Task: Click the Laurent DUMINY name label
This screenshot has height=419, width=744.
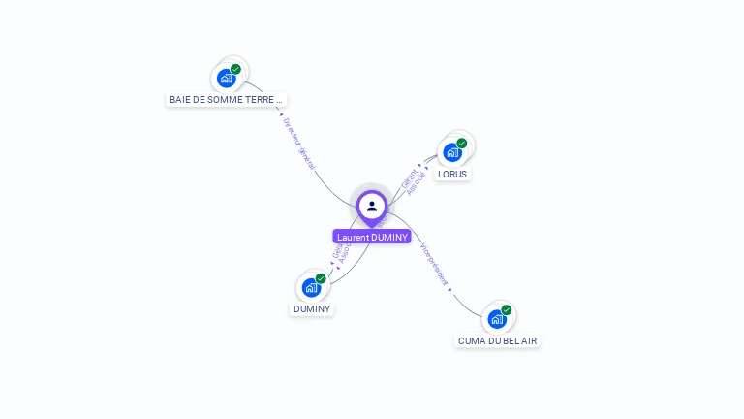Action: pyautogui.click(x=372, y=237)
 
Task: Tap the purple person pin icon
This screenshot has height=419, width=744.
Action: pyautogui.click(x=372, y=206)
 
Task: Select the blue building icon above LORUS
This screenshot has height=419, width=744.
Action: pyautogui.click(x=452, y=152)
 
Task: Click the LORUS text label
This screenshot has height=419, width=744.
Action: pyautogui.click(x=452, y=175)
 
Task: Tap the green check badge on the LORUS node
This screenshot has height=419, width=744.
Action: pyautogui.click(x=462, y=144)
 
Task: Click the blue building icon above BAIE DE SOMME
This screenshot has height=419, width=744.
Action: pyautogui.click(x=227, y=78)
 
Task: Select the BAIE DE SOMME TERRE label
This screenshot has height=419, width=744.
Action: pyautogui.click(x=227, y=99)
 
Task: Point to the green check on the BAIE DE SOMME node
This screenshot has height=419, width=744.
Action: pyautogui.click(x=235, y=69)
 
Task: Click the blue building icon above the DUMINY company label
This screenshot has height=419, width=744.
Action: pyautogui.click(x=311, y=287)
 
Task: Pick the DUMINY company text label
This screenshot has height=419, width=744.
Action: pyautogui.click(x=312, y=309)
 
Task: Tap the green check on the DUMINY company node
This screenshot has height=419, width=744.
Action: pyautogui.click(x=321, y=278)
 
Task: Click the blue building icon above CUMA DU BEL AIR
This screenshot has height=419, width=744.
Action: pyautogui.click(x=497, y=319)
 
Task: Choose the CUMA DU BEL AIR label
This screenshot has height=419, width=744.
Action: pyautogui.click(x=498, y=341)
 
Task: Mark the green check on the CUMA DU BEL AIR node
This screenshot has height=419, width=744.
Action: pyautogui.click(x=507, y=310)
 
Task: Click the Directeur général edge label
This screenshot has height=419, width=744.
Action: pyautogui.click(x=298, y=144)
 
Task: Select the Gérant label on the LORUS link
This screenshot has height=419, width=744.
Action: pyautogui.click(x=408, y=177)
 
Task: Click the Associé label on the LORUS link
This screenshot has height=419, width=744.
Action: pyautogui.click(x=418, y=183)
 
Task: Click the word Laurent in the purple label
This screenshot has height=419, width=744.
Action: pyautogui.click(x=353, y=237)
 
